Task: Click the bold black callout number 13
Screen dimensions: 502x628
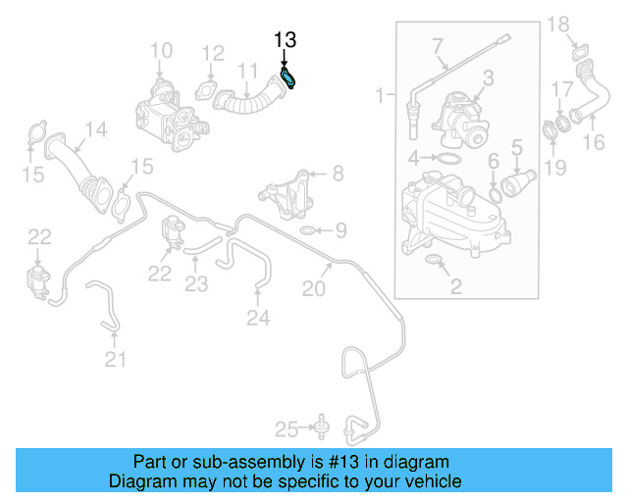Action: (285, 40)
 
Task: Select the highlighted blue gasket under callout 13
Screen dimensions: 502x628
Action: (289, 77)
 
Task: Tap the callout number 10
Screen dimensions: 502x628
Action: (161, 50)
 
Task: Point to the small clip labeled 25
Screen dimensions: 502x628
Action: (319, 427)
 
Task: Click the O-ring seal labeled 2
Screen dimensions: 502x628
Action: (432, 261)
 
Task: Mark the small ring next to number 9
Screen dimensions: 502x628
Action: (307, 231)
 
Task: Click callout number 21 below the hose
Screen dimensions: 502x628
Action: (116, 360)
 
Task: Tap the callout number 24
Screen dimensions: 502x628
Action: (257, 317)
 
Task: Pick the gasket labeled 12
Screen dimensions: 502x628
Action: (208, 92)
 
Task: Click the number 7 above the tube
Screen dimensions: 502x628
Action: (438, 44)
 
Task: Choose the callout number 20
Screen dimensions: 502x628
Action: (313, 288)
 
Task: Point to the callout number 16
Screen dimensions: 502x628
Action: (595, 143)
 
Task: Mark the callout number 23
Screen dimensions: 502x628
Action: (197, 285)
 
